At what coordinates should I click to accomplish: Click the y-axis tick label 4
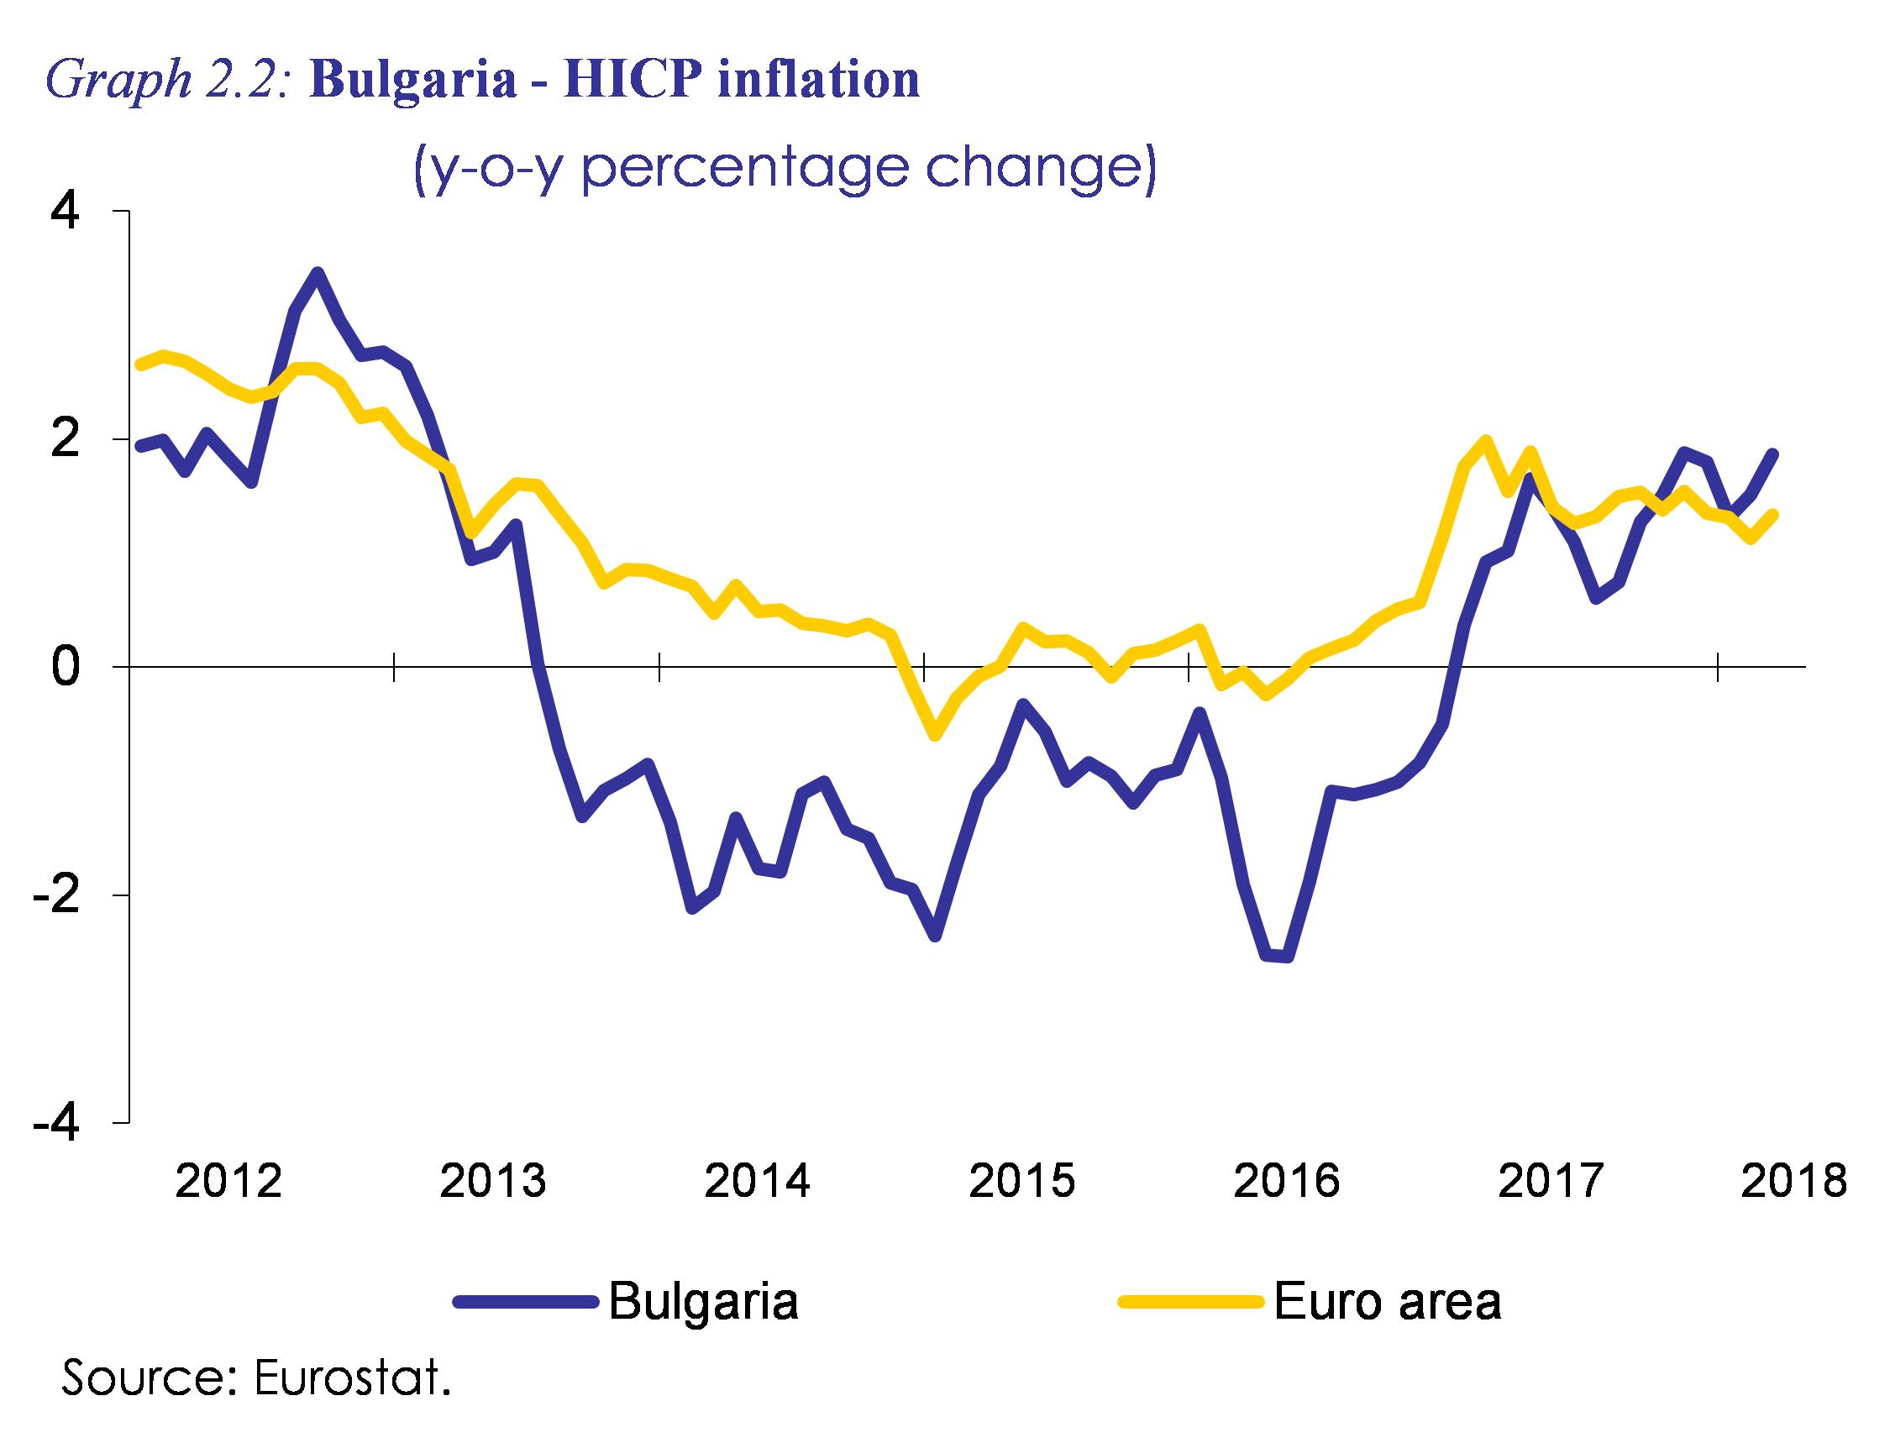point(66,212)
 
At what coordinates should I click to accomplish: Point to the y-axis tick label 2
point(66,439)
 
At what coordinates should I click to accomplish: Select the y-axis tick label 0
point(66,668)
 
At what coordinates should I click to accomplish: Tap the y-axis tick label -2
point(57,895)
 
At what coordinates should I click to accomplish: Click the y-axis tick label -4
point(57,1123)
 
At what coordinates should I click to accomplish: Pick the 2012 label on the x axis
point(228,1181)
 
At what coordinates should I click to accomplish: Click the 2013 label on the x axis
point(492,1181)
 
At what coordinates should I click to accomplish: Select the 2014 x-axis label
point(757,1181)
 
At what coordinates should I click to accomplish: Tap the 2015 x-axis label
point(1021,1181)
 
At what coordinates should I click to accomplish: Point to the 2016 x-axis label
point(1286,1181)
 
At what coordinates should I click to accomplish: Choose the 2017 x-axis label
point(1551,1181)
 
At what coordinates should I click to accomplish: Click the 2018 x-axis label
point(1793,1181)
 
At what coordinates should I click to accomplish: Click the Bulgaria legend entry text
point(704,1302)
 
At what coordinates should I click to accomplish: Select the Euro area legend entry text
point(1388,1300)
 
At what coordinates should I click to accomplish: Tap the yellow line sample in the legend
point(1189,1302)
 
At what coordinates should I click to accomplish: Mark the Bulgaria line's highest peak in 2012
point(317,273)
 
